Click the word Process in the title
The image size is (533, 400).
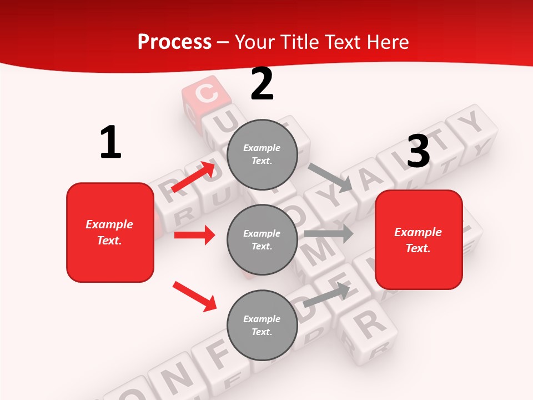click(x=174, y=42)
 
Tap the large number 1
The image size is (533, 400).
click(x=110, y=143)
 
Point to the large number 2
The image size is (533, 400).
click(x=262, y=84)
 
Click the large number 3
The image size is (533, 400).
click(x=418, y=152)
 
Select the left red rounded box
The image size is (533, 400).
click(x=110, y=232)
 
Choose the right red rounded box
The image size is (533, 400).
click(x=419, y=240)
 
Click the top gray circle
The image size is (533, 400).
click(x=262, y=154)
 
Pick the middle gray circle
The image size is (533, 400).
click(x=262, y=240)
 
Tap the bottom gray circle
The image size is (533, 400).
click(x=262, y=326)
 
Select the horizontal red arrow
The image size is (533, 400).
click(x=194, y=235)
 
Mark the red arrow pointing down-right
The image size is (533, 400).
click(x=194, y=296)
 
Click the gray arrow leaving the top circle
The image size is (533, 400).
click(x=330, y=178)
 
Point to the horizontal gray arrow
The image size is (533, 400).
click(x=328, y=233)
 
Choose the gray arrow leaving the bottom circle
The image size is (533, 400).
click(x=326, y=294)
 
